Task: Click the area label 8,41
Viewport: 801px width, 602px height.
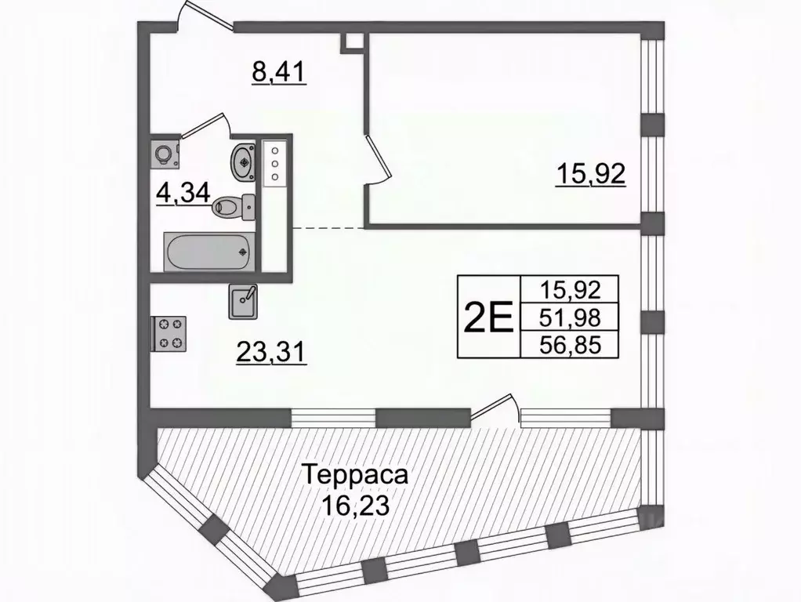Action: (277, 73)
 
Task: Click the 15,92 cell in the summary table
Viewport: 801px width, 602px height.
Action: (570, 289)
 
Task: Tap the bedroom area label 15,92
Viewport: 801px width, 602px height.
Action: (590, 175)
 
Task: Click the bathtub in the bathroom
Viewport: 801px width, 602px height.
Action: (208, 251)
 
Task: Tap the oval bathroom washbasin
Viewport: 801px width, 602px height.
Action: (243, 161)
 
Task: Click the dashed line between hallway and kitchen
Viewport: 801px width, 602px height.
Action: (328, 227)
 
